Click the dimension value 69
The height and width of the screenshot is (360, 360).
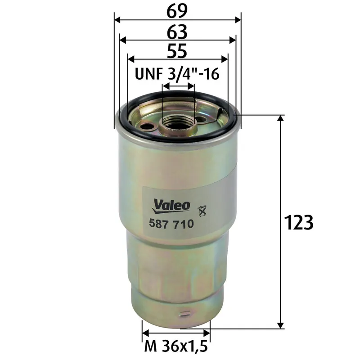pyautogui.click(x=177, y=11)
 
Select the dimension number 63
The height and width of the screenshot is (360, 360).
pyautogui.click(x=177, y=31)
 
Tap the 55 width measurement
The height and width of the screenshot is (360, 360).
pyautogui.click(x=177, y=51)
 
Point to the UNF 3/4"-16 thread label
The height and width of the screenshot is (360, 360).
pyautogui.click(x=177, y=74)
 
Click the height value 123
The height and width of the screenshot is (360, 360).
pyautogui.click(x=298, y=222)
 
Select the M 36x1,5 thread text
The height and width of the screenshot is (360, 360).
pyautogui.click(x=176, y=347)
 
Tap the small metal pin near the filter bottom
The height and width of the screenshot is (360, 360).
pyautogui.click(x=183, y=314)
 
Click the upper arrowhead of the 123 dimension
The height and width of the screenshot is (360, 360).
pyautogui.click(x=281, y=118)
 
